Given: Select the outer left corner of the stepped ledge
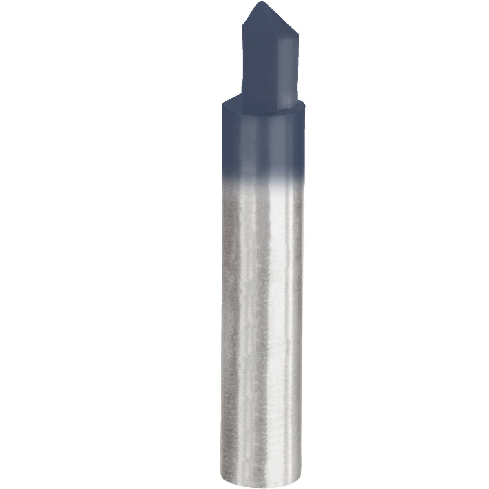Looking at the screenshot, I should click(222, 104).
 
